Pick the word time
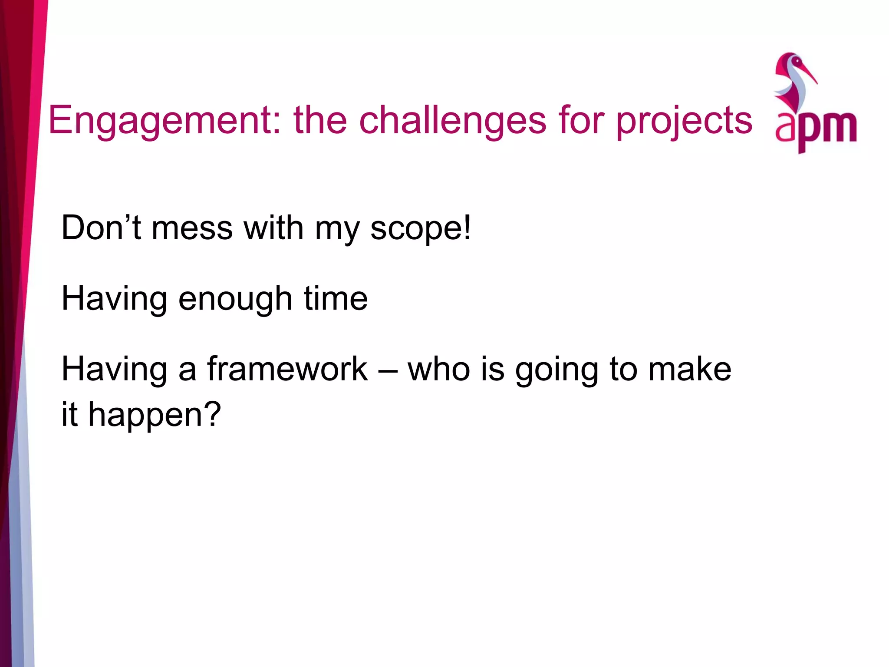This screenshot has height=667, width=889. (336, 299)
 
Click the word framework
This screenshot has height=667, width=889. (287, 369)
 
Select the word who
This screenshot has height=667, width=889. (439, 369)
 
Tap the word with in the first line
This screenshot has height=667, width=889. (273, 228)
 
